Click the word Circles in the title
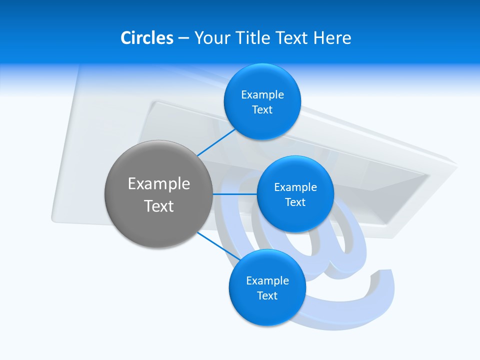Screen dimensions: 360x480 147,37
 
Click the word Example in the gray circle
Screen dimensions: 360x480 159,184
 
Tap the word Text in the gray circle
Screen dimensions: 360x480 159,206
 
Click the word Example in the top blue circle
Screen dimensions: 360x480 262,94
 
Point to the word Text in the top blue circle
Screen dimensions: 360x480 262,110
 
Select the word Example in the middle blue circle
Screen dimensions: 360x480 295,187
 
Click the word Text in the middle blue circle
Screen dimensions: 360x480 295,202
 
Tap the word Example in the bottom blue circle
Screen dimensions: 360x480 267,280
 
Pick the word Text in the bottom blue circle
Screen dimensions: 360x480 267,296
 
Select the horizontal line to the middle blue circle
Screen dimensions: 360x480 234,193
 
